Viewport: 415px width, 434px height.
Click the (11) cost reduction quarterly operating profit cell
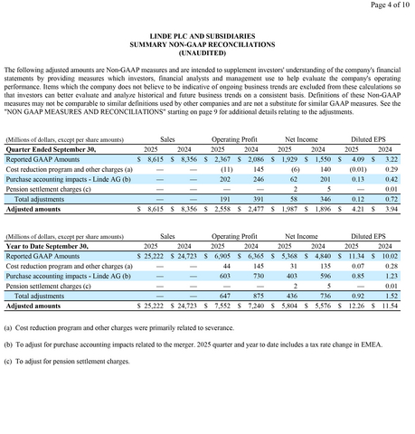(x=227, y=169)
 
